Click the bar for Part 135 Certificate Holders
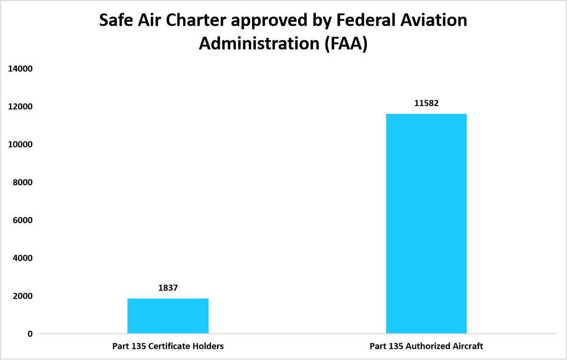click(x=168, y=316)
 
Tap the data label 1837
click(x=168, y=288)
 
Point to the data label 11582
click(x=426, y=103)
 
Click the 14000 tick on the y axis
click(x=20, y=69)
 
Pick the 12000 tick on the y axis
click(x=20, y=107)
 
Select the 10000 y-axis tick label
click(x=20, y=144)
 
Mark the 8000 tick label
click(x=22, y=182)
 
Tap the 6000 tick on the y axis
click(x=22, y=220)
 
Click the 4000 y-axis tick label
click(x=22, y=258)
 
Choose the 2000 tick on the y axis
click(x=22, y=296)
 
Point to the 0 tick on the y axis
click(x=30, y=334)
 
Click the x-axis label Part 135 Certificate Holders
click(x=168, y=346)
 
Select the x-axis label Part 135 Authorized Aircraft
click(x=426, y=346)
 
